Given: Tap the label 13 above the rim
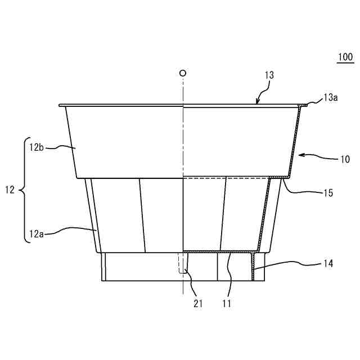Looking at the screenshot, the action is (x=269, y=75).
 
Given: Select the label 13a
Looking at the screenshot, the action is (x=331, y=98).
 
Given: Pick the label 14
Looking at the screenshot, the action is (x=327, y=263).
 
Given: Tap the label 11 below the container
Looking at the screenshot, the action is (x=226, y=303).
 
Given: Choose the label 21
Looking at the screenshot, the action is (x=198, y=303).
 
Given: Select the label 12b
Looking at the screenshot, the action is (x=36, y=148).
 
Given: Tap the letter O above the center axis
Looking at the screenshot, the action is (x=182, y=73).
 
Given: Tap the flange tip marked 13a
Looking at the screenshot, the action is (x=304, y=103).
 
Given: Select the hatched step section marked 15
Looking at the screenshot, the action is (x=276, y=177).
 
